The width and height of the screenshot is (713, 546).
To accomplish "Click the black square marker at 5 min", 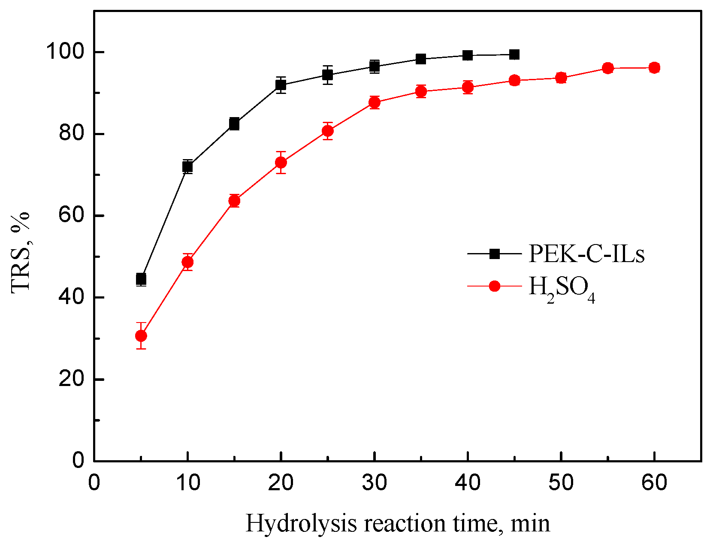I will point(141,279).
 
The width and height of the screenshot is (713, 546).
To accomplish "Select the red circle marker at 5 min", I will point(141,335).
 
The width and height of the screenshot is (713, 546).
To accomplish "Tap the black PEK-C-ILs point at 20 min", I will point(281,84).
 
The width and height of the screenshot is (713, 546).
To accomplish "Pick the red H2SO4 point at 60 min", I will point(654,68).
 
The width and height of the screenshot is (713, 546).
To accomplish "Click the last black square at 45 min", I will point(514,54).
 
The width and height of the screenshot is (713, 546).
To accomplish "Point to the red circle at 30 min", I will point(375,103).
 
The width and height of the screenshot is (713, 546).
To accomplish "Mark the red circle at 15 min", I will point(234,200).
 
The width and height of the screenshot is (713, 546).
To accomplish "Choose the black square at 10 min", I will point(187,166).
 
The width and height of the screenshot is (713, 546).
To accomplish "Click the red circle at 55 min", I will point(607,68).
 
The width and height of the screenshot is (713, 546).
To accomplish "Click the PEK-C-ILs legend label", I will point(586,253).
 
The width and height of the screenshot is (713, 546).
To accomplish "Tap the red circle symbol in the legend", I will point(494,286).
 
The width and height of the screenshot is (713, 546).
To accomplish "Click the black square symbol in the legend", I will point(494,253).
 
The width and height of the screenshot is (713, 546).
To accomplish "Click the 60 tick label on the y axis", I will point(71,215).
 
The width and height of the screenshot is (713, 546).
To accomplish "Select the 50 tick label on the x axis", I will point(561,483).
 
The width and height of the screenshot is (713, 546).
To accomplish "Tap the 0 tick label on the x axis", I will point(94,483).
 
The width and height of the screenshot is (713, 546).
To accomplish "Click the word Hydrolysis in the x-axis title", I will point(301,523).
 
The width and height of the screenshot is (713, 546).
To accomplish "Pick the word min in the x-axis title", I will point(530,523).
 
